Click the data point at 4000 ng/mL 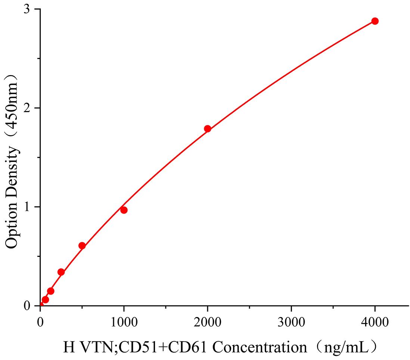375,21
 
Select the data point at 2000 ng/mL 208,129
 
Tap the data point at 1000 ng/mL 124,210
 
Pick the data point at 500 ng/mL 82,246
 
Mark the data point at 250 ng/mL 61,272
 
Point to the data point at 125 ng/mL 51,291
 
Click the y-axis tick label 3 27,10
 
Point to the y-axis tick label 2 27,108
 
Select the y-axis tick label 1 27,207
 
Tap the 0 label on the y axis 27,306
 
